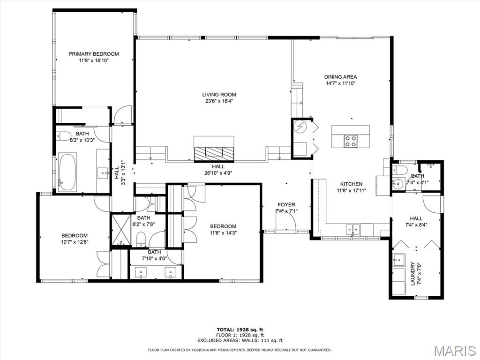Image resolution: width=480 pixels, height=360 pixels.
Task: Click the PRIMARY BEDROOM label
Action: [94, 54]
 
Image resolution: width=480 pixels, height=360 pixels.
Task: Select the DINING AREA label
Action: [340, 77]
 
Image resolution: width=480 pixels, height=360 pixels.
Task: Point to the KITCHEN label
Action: [351, 184]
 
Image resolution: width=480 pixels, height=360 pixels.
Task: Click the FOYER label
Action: [286, 205]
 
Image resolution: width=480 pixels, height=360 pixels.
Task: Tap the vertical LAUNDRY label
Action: [413, 274]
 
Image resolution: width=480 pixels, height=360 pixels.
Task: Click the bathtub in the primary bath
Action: [67, 172]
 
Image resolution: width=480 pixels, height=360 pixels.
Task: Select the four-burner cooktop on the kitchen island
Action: [351, 141]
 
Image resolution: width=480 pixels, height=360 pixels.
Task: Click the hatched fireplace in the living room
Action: [214, 153]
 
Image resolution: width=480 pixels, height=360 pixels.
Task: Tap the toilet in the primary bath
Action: [65, 137]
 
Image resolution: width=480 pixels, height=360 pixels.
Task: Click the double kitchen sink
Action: [353, 229]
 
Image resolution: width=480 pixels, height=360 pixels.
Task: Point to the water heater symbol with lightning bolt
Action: [300, 127]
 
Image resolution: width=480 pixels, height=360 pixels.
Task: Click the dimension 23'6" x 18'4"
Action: [219, 101]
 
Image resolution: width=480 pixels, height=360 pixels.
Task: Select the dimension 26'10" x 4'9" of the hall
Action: [218, 172]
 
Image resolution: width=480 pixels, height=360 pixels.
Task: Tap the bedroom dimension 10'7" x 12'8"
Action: [75, 242]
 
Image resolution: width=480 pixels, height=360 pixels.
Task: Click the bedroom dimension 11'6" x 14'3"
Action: [223, 233]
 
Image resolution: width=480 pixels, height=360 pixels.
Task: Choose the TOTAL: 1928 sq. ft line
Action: [240, 330]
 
